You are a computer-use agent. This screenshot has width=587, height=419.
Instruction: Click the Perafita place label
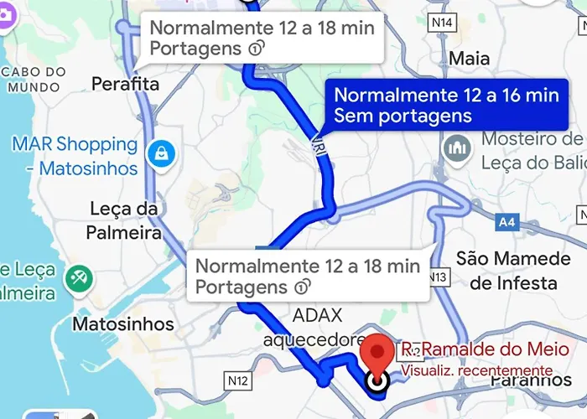[125, 84]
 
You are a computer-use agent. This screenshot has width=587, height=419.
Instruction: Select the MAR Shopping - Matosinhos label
[75, 156]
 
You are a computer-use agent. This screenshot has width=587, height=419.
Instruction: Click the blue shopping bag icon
[158, 153]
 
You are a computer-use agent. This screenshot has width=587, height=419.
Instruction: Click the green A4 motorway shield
[506, 223]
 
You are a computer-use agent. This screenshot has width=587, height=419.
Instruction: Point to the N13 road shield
[437, 277]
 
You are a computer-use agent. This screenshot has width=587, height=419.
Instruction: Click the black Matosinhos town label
[123, 323]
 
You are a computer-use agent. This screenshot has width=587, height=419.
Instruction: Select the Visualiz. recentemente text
[476, 370]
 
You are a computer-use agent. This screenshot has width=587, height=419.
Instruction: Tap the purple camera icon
[7, 17]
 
